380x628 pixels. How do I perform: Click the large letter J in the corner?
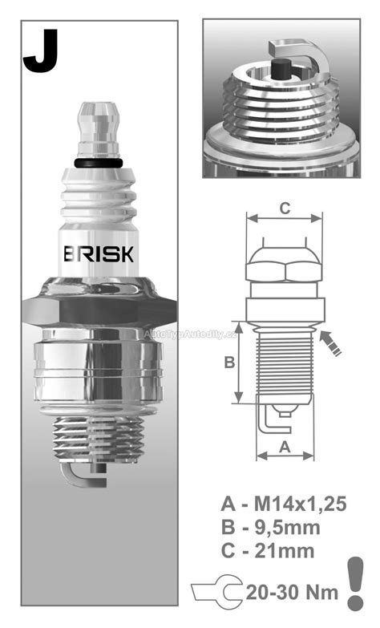coord(39,53)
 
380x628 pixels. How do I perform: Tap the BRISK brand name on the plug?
coord(99,253)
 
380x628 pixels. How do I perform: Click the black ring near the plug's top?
coord(99,164)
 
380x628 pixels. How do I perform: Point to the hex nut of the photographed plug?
coord(100,309)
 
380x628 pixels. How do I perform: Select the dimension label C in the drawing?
coord(284,207)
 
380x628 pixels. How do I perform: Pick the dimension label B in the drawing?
coord(228,363)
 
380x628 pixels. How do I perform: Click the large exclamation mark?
coord(354,581)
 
